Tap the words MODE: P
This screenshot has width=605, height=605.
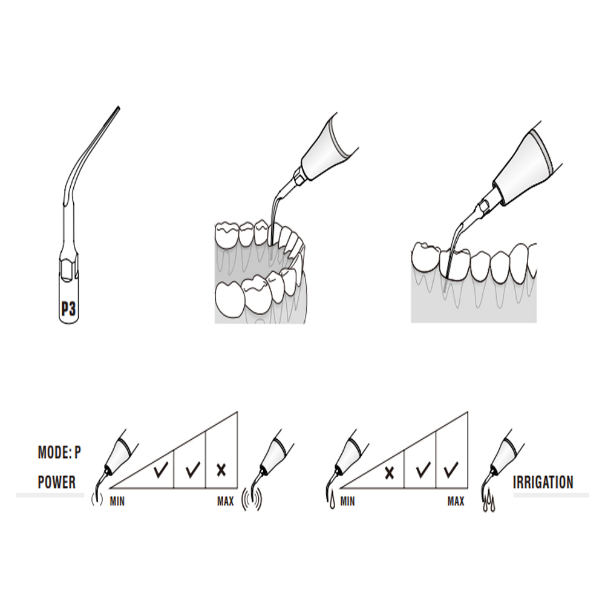pos(59,452)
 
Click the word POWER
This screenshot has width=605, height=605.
pos(57,482)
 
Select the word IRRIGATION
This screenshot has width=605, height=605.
pos(543,482)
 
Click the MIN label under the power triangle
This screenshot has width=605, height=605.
pos(118,501)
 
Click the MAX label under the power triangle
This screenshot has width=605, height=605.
pos(225,501)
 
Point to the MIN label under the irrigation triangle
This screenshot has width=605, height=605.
pos(348,501)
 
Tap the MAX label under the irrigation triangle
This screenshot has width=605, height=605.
pos(456,501)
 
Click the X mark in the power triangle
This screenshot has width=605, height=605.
pos(221,469)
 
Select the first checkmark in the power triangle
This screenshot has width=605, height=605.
pos(160,471)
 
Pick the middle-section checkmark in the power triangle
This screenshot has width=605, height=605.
pos(192,469)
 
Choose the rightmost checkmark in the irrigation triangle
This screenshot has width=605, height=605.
pos(451,469)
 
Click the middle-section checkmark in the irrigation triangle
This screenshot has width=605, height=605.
pos(423,469)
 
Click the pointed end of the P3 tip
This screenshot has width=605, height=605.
pos(119,108)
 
